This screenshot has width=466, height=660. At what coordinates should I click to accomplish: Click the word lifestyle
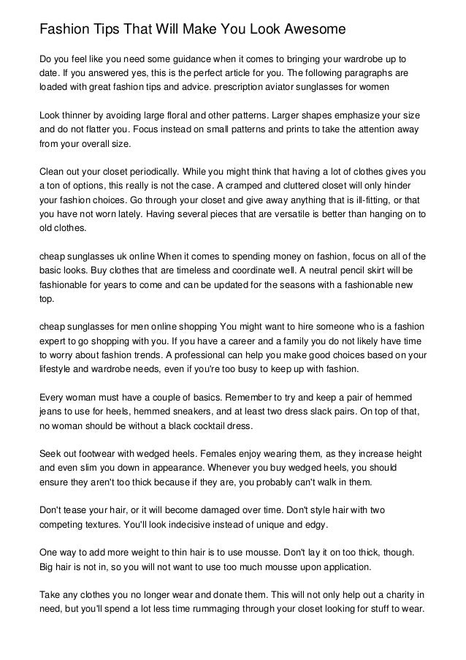click(56, 370)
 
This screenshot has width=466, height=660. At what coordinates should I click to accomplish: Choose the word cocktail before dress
click(208, 426)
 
